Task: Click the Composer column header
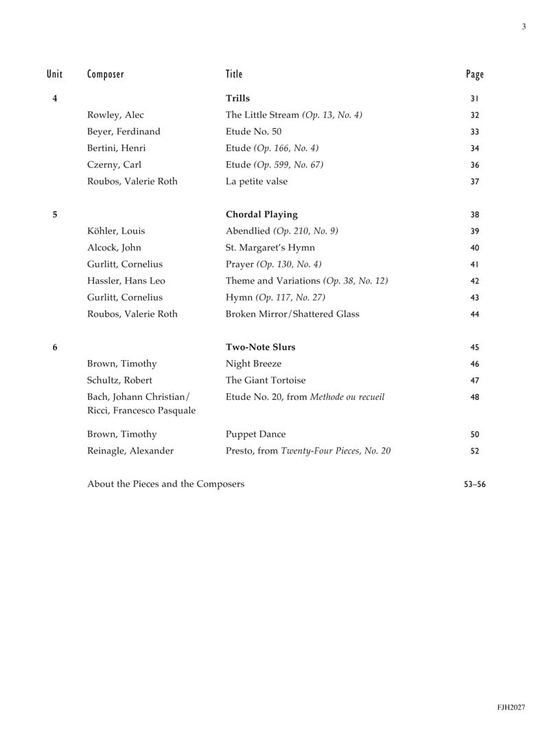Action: [106, 74]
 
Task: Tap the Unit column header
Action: [55, 74]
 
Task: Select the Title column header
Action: [234, 74]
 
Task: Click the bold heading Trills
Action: [237, 99]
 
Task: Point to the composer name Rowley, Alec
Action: [115, 115]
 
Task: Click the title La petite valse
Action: [257, 182]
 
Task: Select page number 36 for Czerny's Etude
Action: [475, 165]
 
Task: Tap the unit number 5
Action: [55, 215]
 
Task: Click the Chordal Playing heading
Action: [261, 215]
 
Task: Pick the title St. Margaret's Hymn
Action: [270, 248]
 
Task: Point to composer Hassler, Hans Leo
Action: [126, 281]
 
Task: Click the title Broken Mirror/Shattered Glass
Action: [292, 314]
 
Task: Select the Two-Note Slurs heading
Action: [261, 347]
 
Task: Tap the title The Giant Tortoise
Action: [266, 380]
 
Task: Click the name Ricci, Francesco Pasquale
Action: [141, 410]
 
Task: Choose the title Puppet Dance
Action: [255, 434]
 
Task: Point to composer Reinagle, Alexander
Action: [130, 451]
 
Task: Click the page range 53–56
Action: [475, 484]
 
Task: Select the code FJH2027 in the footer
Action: [511, 707]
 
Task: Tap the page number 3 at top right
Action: [524, 27]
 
